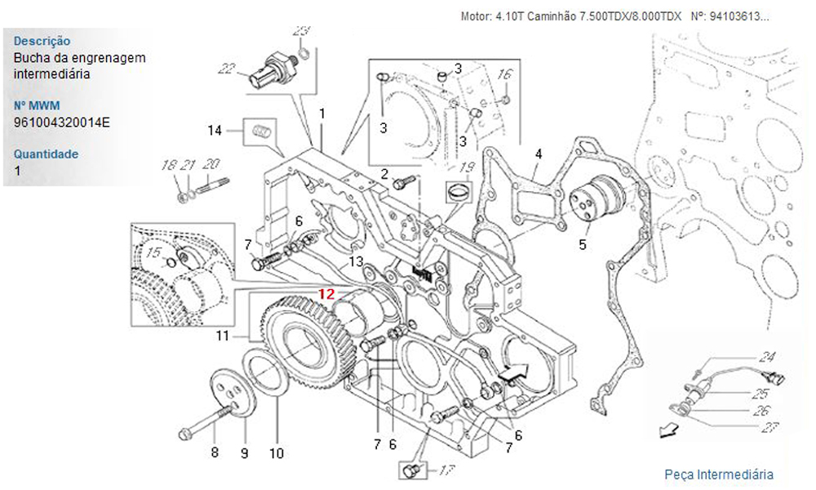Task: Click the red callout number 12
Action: pyautogui.click(x=326, y=294)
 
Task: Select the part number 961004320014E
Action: pyautogui.click(x=62, y=122)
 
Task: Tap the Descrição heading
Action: pyautogui.click(x=42, y=41)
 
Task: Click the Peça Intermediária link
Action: pyautogui.click(x=719, y=474)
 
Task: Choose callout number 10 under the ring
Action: pyautogui.click(x=276, y=452)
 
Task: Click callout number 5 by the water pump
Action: pyautogui.click(x=583, y=243)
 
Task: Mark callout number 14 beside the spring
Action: pyautogui.click(x=215, y=130)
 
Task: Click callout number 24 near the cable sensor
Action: pyautogui.click(x=766, y=357)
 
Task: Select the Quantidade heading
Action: pyautogui.click(x=47, y=154)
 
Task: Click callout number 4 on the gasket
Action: pyautogui.click(x=539, y=154)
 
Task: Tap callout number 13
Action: pyautogui.click(x=356, y=261)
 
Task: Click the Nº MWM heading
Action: pyautogui.click(x=38, y=105)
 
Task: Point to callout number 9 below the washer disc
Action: pyautogui.click(x=244, y=452)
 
